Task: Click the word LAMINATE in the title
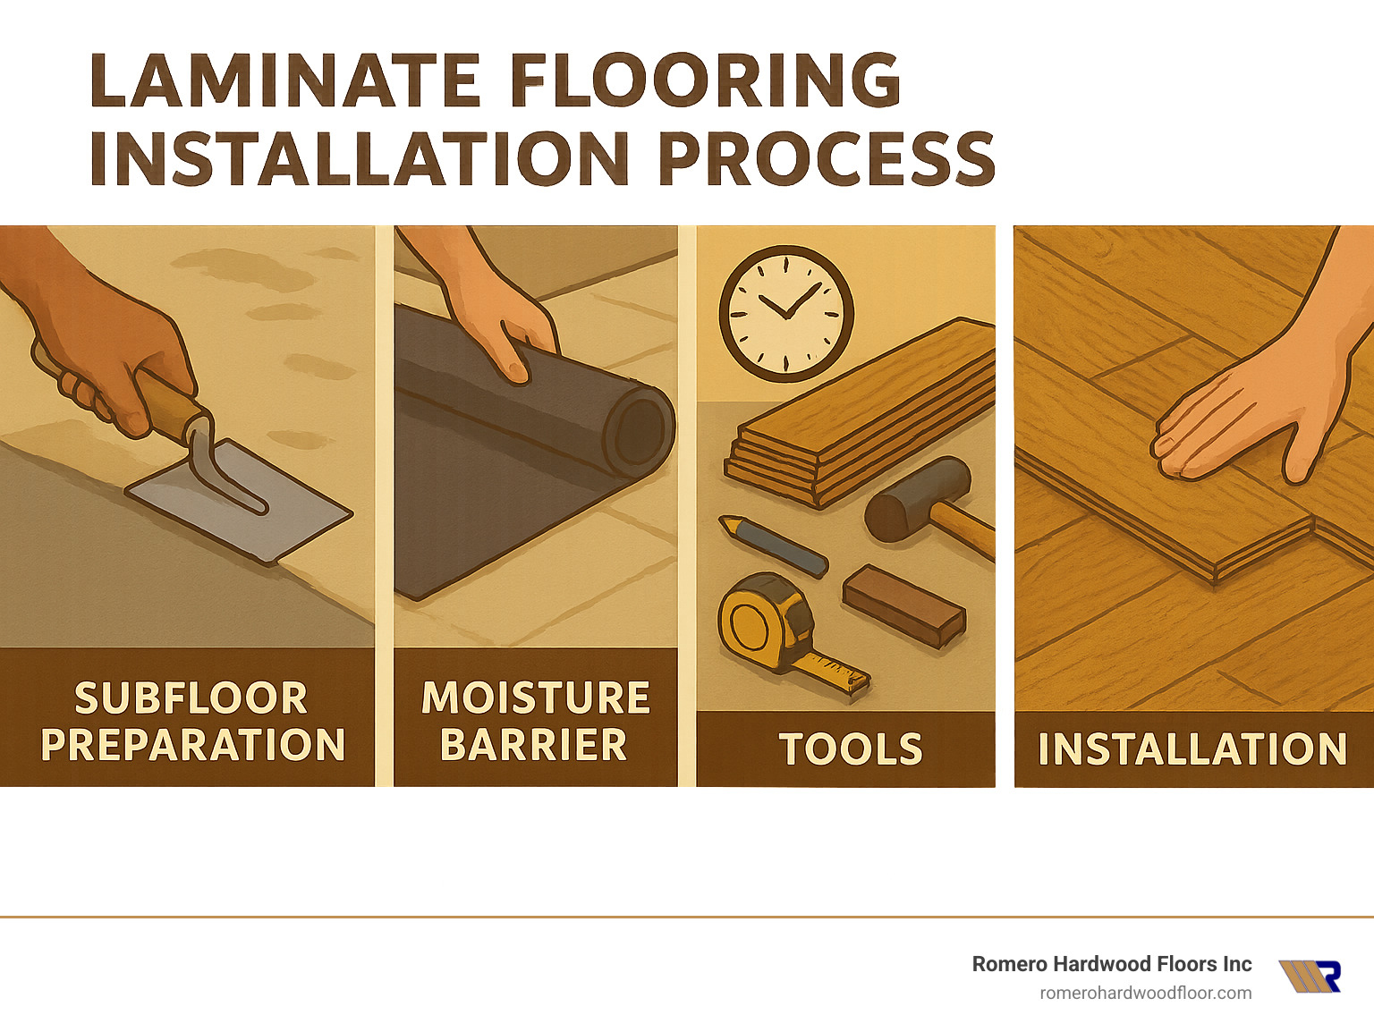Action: coord(285,80)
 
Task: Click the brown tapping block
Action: coord(903,604)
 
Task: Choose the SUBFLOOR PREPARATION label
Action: coord(191,721)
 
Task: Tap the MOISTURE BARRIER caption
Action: coord(535,721)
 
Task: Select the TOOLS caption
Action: coord(850,749)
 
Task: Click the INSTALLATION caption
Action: coord(1192,749)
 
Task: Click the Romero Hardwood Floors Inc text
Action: coord(1111,964)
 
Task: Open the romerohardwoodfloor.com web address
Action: coord(1145,993)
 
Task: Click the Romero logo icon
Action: coord(1310,976)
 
